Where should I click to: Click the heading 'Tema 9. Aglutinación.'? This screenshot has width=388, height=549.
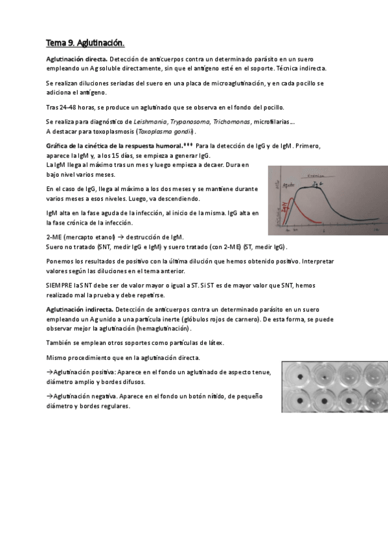pos(85,43)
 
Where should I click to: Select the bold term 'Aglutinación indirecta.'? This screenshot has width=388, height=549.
pos(76,310)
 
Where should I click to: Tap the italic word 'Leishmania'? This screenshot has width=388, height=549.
pos(150,122)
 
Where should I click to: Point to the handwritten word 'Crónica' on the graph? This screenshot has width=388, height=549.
pos(317,175)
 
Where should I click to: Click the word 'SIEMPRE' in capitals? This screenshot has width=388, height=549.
pos(58,285)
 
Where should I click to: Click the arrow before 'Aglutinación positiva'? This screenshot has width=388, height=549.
pos(49,372)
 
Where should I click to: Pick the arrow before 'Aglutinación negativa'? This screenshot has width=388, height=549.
pos(49,396)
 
